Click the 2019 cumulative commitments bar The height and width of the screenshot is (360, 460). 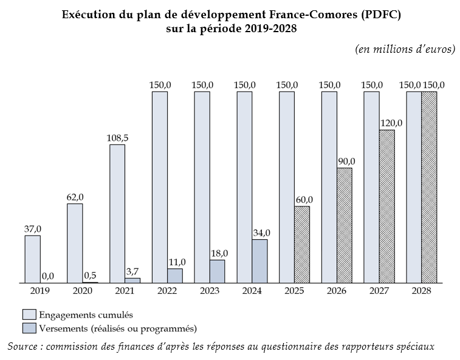click(x=32, y=259)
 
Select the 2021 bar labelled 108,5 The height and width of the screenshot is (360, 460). click(x=117, y=214)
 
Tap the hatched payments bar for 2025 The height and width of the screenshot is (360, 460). click(x=302, y=245)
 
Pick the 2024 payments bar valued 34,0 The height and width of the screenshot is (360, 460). click(x=259, y=261)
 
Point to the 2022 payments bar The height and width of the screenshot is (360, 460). click(x=175, y=276)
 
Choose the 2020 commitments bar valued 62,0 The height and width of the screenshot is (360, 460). click(x=75, y=243)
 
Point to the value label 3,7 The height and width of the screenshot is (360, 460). click(x=133, y=271)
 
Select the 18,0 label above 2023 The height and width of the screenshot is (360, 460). click(x=218, y=253)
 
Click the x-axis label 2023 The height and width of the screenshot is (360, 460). click(x=208, y=291)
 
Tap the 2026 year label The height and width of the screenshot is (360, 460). click(x=336, y=291)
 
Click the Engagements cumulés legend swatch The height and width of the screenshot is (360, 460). click(x=29, y=315)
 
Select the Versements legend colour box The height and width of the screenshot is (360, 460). click(x=29, y=328)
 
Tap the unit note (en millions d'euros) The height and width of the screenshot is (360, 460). click(x=405, y=49)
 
